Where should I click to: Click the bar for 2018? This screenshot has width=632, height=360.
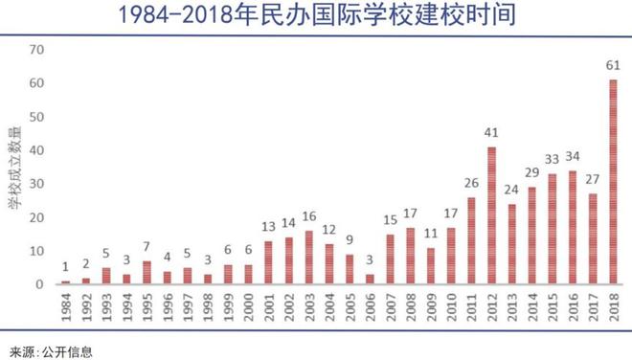click(613, 182)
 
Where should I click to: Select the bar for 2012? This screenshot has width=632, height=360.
click(492, 215)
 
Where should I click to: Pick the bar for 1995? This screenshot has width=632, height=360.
click(147, 272)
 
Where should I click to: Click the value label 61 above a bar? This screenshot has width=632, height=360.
click(613, 65)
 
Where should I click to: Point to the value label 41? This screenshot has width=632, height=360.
click(492, 132)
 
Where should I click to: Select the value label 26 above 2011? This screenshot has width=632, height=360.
click(470, 183)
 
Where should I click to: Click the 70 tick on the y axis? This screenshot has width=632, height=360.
click(36, 50)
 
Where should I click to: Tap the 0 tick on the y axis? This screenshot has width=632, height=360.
click(40, 284)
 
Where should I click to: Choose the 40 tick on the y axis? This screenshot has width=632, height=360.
click(36, 150)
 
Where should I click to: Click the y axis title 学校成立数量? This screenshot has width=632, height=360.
click(14, 167)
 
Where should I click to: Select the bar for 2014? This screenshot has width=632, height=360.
click(532, 236)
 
